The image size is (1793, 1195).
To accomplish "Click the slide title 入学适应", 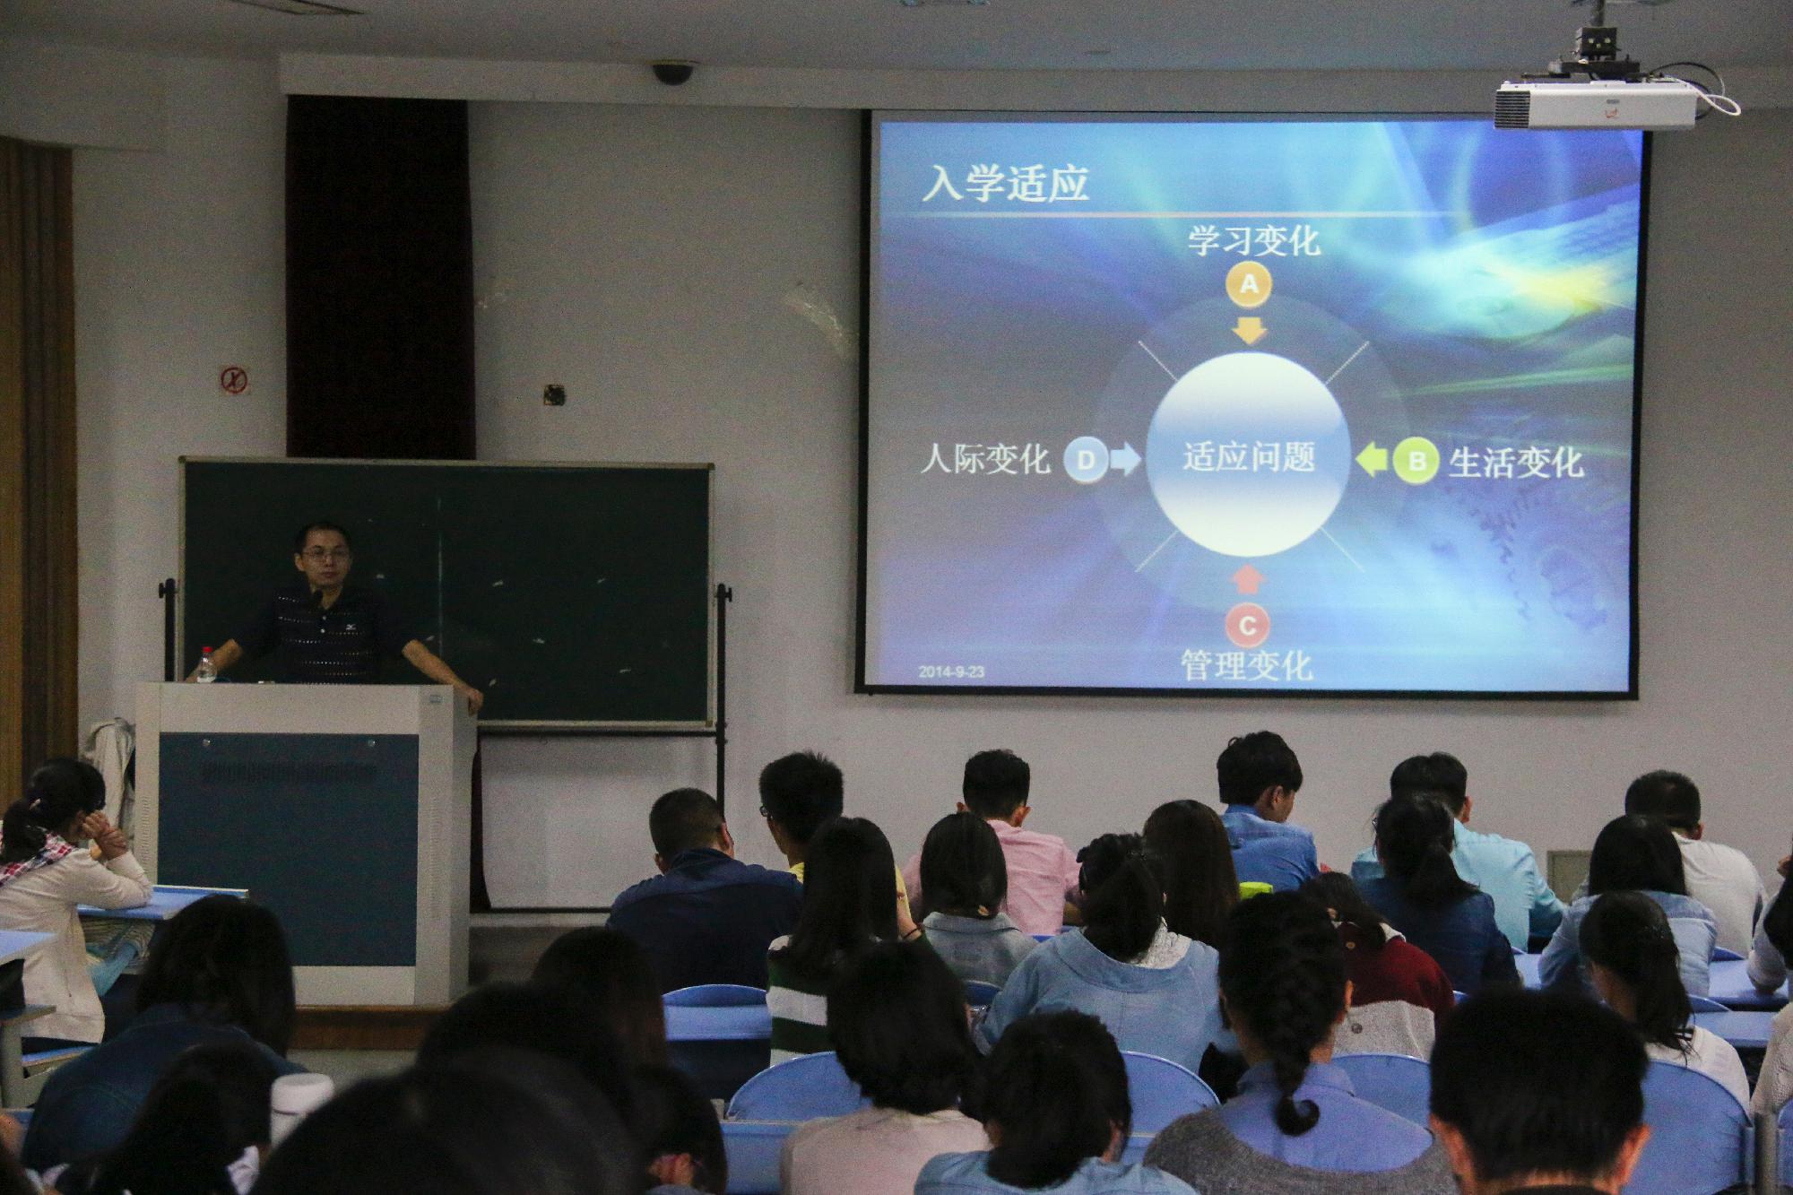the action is [1005, 184].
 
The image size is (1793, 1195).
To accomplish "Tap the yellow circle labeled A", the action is [1249, 286].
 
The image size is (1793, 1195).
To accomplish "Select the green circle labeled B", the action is [1416, 462].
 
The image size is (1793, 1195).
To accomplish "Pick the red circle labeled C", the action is [1247, 625].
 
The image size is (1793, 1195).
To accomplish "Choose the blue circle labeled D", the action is [1086, 461].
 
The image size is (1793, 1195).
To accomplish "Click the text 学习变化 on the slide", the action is [1254, 240].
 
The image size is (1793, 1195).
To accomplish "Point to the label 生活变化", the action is [1516, 463].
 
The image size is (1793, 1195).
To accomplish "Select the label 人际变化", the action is [985, 459].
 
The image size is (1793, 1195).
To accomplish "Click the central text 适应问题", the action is [1248, 457].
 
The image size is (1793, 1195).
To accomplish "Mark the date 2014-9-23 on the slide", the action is [951, 671].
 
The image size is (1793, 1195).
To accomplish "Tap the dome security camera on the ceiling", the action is [673, 73].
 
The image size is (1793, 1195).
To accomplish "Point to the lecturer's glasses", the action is [325, 555].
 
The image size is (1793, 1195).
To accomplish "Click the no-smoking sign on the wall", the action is [235, 380].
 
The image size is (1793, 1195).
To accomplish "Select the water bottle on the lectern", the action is [207, 664].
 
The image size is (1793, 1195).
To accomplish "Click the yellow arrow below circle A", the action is [1249, 329].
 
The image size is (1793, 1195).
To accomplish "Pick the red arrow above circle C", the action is [1247, 579].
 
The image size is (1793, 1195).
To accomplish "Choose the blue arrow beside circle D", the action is [1125, 461].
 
